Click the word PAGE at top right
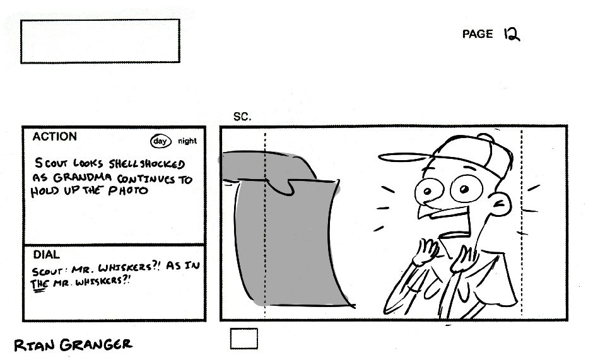478,34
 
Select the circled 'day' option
161,141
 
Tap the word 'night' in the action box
187,141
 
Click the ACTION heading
55,137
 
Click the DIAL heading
46,255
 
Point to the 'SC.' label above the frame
242,117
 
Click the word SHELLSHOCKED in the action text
140,164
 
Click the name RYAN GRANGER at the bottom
73,344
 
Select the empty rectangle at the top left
100,41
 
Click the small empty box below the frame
244,339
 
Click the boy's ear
502,203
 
